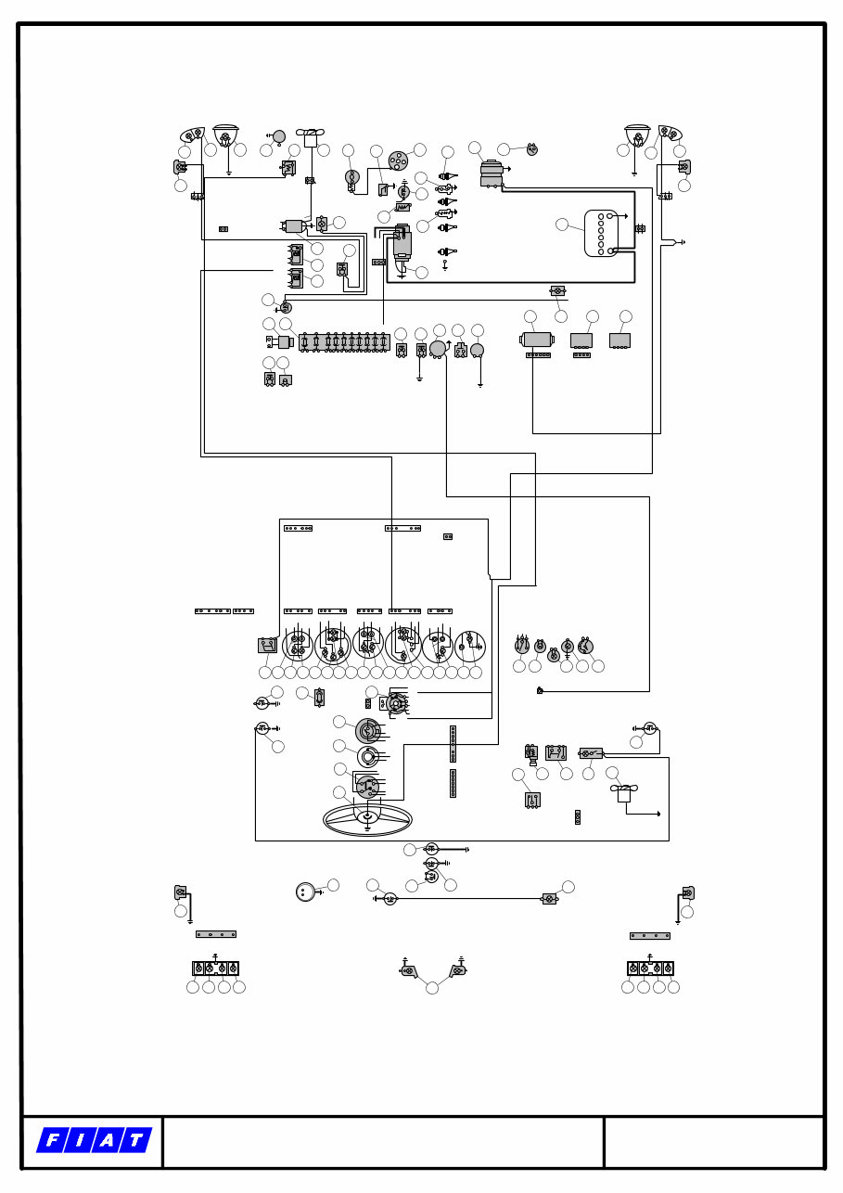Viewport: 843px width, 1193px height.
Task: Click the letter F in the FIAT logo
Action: [52, 1141]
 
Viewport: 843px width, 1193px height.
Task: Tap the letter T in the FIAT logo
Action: [135, 1141]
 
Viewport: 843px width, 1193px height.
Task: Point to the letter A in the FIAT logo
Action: [108, 1141]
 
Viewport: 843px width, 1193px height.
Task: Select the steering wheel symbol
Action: [367, 818]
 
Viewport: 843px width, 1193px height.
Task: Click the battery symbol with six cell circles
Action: [601, 233]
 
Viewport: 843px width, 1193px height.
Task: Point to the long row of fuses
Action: [343, 342]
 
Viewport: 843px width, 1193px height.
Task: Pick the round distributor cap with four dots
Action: [397, 160]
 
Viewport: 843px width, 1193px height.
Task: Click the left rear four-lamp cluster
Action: [215, 969]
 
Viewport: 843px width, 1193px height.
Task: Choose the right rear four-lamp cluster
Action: [650, 969]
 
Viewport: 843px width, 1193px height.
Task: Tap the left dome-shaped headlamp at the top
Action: [225, 135]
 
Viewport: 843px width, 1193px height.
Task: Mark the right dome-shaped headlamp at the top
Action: [637, 135]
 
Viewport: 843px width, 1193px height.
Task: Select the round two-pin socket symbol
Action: [305, 892]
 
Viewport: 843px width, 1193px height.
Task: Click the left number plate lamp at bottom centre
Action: [409, 971]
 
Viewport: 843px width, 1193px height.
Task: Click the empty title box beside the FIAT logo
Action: [382, 1142]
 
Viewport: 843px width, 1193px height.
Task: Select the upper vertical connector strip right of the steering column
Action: [453, 743]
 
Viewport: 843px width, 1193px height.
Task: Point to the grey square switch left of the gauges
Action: [267, 645]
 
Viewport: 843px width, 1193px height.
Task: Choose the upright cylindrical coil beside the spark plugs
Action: [402, 242]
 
